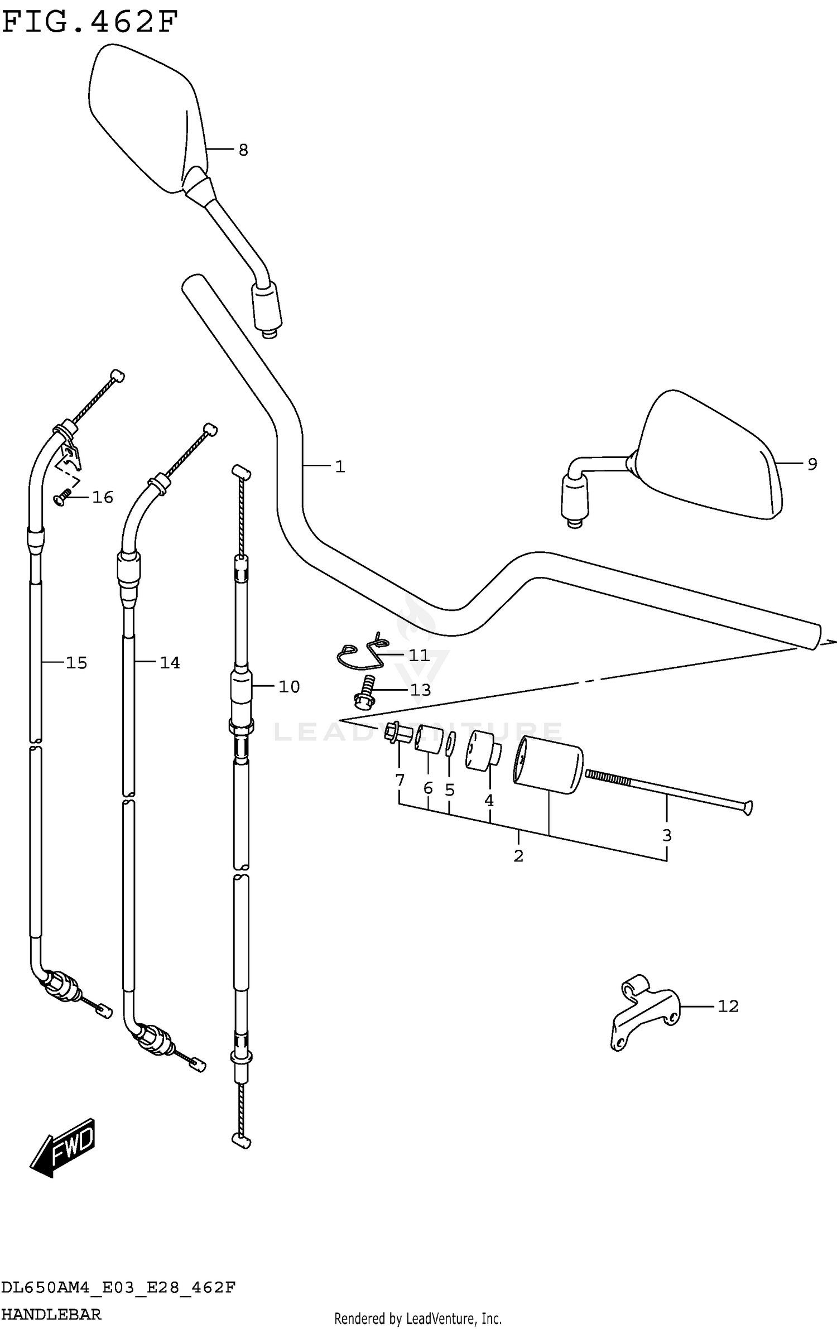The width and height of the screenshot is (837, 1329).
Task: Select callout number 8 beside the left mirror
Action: pyautogui.click(x=243, y=150)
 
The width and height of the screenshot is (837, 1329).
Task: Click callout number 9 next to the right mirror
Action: pyautogui.click(x=812, y=464)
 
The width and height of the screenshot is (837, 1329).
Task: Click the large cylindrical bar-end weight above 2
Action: pyautogui.click(x=548, y=764)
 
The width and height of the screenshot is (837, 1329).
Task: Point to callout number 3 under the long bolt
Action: pyautogui.click(x=667, y=835)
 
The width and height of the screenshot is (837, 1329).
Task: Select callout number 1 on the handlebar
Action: pyautogui.click(x=340, y=466)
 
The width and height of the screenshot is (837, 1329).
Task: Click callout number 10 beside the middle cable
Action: pyautogui.click(x=289, y=686)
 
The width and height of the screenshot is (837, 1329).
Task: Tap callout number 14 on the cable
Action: pyautogui.click(x=170, y=662)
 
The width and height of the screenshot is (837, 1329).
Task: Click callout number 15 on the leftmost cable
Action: pyautogui.click(x=76, y=662)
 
